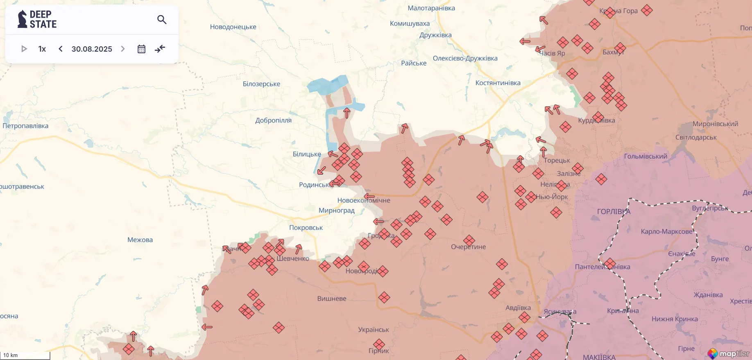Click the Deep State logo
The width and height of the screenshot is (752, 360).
37,19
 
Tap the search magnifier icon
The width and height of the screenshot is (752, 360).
162,19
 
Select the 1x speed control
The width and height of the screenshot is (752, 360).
42,49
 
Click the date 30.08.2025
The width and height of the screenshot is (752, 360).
92,49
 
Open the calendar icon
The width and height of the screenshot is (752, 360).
141,49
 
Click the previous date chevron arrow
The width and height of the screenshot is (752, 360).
61,49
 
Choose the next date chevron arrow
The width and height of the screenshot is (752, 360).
123,49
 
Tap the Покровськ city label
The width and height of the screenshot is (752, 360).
306,227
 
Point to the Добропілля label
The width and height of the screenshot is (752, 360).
273,120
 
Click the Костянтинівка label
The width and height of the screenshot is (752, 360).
498,83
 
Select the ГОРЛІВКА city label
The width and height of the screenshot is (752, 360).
614,212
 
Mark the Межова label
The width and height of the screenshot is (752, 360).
140,240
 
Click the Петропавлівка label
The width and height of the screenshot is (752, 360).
25,126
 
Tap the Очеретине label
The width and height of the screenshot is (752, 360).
468,247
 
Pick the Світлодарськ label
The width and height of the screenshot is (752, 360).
696,137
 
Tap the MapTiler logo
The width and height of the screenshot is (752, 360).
729,353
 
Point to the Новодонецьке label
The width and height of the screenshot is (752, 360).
233,27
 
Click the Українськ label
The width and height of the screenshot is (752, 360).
374,330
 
